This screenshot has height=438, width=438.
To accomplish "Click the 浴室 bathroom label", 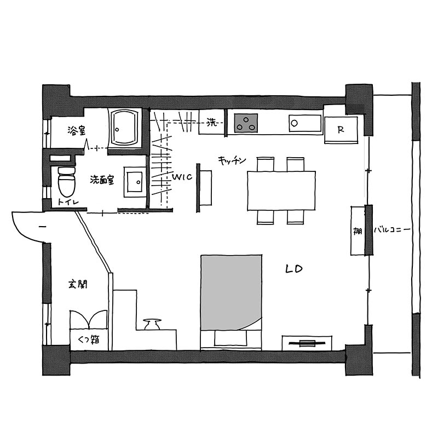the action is click(x=77, y=130).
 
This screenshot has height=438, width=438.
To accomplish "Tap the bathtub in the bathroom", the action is click(x=125, y=128).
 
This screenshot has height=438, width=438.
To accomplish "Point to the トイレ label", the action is click(x=68, y=201).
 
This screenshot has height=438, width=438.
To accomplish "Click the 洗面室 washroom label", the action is click(x=102, y=180).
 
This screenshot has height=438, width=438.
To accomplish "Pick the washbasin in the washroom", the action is click(x=135, y=182).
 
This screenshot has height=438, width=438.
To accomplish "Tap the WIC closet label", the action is click(x=182, y=177).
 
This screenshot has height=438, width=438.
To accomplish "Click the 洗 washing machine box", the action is click(x=212, y=122).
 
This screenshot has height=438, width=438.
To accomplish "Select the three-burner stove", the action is click(x=246, y=123).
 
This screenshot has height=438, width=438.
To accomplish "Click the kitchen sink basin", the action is click(x=306, y=123).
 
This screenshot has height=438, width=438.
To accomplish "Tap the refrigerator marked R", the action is click(x=341, y=130).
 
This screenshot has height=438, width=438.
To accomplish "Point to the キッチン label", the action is click(x=232, y=160).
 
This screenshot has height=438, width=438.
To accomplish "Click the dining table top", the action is click(x=281, y=191).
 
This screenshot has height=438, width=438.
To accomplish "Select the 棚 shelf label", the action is click(x=358, y=231).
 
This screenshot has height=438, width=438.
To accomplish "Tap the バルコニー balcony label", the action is click(x=392, y=230).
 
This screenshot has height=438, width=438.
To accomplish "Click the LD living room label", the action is click(x=294, y=269).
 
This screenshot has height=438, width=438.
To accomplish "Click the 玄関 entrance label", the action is click(x=78, y=284).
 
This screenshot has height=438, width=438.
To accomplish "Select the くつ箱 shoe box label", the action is click(x=89, y=340).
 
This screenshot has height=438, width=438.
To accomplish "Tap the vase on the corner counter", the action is click(x=152, y=324).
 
